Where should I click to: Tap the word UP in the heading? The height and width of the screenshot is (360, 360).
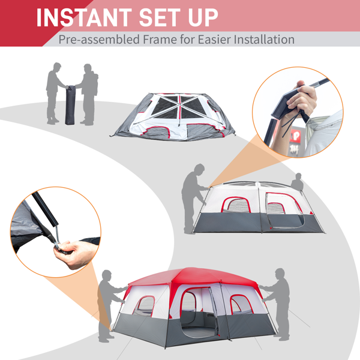203,17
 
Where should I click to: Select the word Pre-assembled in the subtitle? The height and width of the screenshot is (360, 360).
99,40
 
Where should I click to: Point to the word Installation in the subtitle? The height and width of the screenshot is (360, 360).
264,39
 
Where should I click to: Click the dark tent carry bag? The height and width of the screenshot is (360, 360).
70,105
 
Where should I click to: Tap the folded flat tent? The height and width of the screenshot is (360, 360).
173,116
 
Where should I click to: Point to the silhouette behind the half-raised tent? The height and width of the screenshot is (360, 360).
298,182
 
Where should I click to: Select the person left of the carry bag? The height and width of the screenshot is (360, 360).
55,94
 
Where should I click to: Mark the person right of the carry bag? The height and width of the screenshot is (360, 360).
89,95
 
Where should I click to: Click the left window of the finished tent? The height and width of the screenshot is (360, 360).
145,305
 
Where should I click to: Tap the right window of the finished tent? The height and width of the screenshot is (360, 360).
241,304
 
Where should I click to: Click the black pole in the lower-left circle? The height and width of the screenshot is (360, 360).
45,208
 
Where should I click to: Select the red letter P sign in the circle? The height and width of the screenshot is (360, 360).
295,137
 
